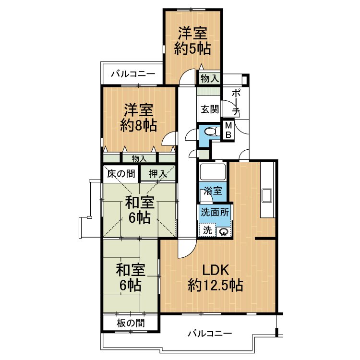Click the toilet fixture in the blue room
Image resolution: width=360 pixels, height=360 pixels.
(211, 132)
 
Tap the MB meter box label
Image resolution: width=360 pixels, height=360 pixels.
(228, 130)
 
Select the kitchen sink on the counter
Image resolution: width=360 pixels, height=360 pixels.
(266, 195)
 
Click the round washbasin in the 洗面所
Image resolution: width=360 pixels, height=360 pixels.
(223, 232)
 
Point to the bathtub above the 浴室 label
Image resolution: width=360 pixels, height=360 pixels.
(212, 172)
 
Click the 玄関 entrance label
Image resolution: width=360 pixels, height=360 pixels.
(210, 109)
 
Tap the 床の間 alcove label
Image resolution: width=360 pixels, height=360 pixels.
(121, 174)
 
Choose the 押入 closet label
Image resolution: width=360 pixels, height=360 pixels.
(158, 174)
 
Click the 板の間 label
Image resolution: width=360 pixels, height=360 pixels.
(131, 323)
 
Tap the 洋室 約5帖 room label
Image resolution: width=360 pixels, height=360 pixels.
(192, 41)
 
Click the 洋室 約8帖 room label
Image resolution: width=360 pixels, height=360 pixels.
(138, 118)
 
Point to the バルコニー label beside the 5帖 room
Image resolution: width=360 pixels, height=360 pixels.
(133, 74)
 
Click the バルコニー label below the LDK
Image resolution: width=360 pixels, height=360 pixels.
(210, 334)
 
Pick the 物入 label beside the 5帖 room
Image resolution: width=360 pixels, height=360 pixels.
(210, 79)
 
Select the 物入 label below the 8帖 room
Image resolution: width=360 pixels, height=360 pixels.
(139, 158)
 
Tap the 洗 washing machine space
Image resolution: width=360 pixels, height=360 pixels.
(207, 230)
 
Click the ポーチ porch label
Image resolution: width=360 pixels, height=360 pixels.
(236, 102)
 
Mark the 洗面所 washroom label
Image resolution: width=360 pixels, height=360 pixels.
(215, 212)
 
